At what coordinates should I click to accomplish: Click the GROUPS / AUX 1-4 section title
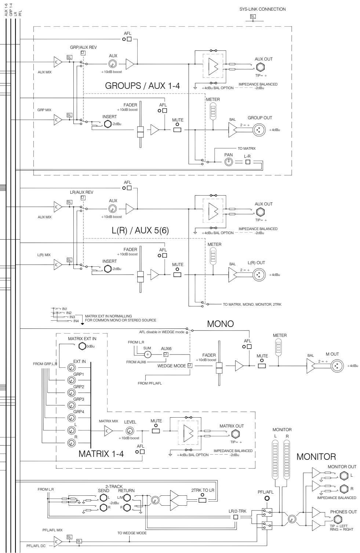tap(151, 86)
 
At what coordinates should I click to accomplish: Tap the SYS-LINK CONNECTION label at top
tap(260, 9)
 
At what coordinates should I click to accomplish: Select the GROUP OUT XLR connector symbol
tap(259, 130)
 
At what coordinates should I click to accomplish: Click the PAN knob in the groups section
tap(229, 162)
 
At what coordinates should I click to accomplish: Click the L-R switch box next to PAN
tap(248, 162)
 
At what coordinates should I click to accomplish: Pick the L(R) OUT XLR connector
tap(259, 274)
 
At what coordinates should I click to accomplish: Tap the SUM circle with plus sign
tap(148, 354)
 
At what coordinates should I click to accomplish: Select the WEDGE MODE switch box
tap(190, 365)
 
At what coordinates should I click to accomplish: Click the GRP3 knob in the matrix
tap(71, 405)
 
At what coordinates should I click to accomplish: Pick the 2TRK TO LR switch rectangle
tap(202, 500)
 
